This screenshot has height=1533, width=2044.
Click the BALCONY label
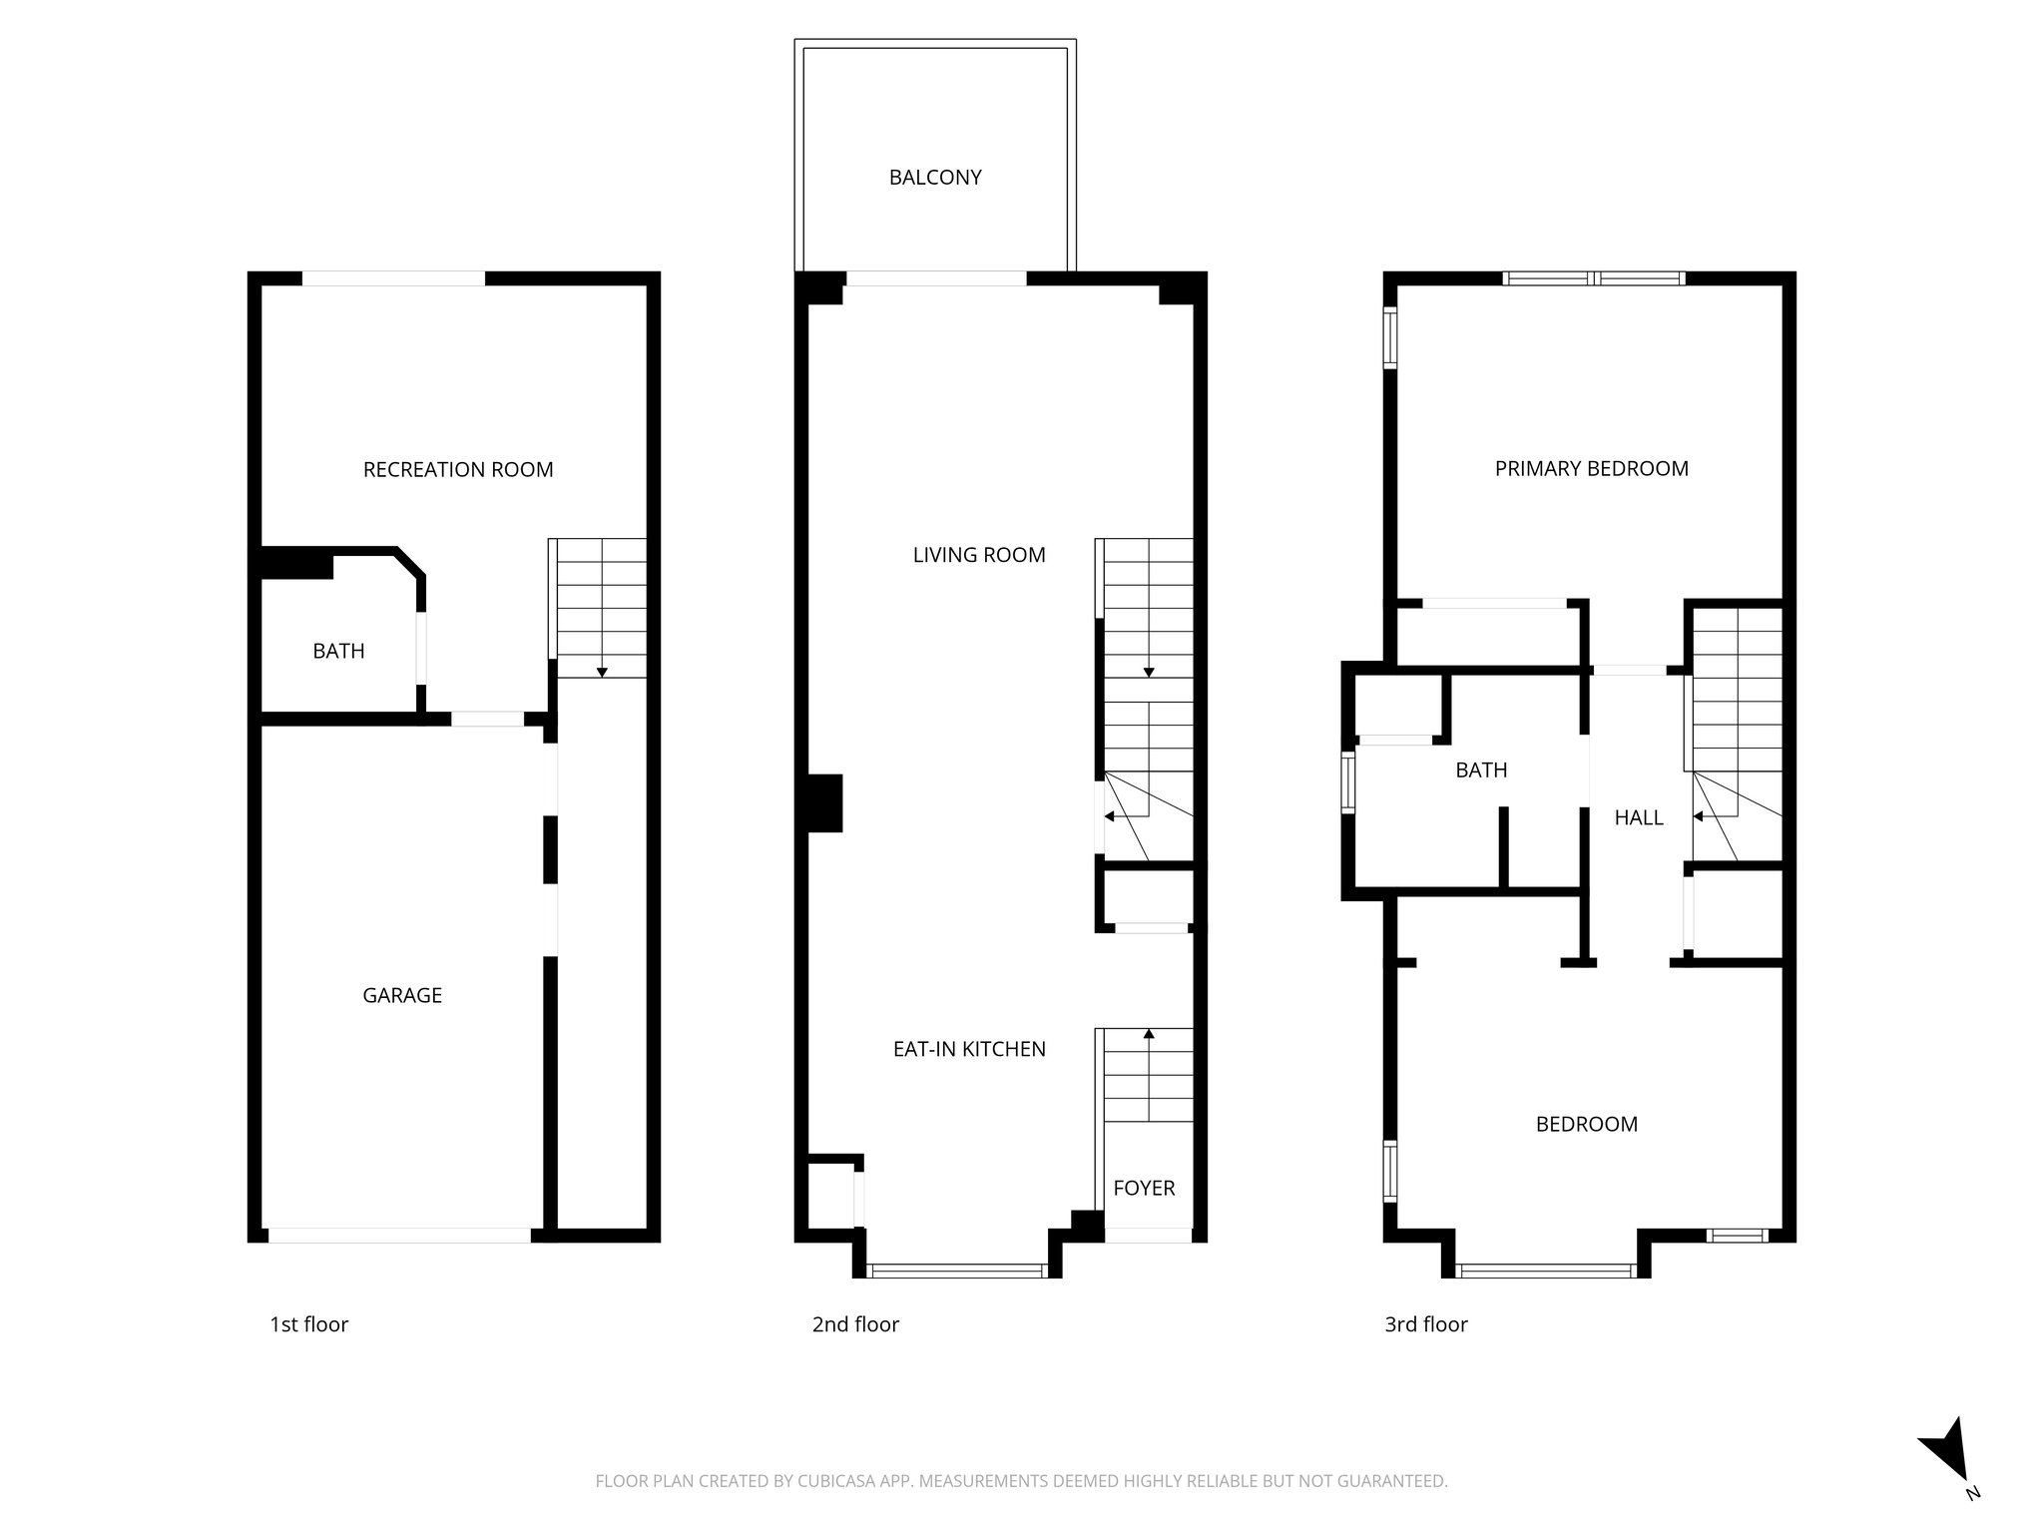pos(935,178)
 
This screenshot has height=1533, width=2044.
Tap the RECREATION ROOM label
pos(458,470)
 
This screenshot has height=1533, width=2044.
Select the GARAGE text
pos(402,995)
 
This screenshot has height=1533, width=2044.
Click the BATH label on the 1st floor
pos(338,652)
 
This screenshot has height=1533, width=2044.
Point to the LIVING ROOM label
pos(979,555)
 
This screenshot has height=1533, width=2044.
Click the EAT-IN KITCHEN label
pos(969,1049)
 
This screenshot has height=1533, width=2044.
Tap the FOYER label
pos(1144,1188)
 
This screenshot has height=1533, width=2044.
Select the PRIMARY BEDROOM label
pos(1591,469)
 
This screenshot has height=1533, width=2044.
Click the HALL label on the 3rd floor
pos(1639,818)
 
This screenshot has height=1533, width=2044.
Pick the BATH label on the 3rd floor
pos(1481,770)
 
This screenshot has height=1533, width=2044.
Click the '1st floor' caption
pos(309,1324)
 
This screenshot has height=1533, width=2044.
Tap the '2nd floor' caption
pos(855,1324)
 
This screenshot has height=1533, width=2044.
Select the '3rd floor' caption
pos(1425,1324)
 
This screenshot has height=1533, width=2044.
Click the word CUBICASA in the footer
pos(830,1481)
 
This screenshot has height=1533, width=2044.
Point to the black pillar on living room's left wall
pos(825,803)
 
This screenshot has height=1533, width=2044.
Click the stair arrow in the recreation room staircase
pos(602,672)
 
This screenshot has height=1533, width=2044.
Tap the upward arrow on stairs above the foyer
pos(1149,1035)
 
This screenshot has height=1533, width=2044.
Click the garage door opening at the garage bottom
pos(399,1236)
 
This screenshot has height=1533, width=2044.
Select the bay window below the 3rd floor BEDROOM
pos(1545,1271)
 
